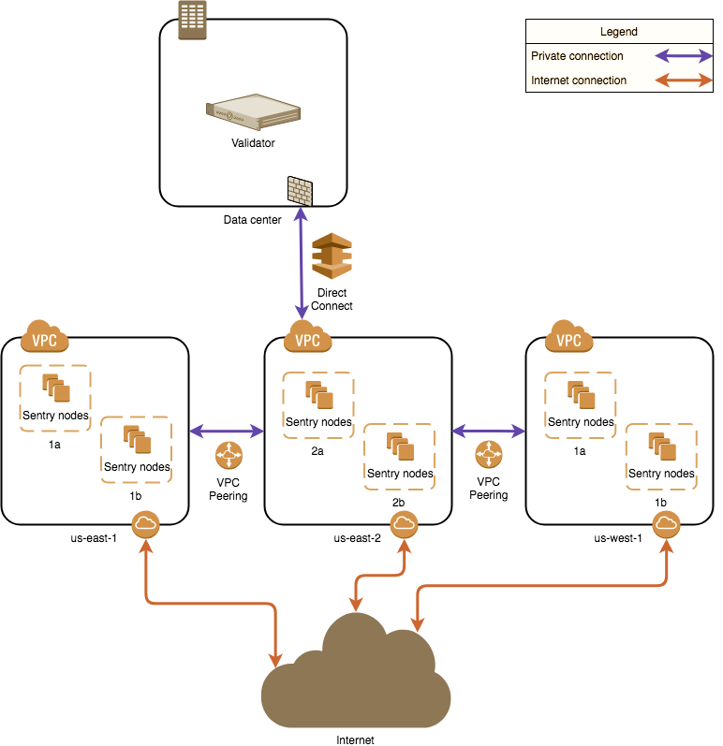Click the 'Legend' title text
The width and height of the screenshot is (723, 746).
tap(618, 32)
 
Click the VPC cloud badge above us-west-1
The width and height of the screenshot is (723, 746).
tap(568, 335)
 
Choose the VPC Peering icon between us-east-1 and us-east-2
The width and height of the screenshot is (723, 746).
tap(228, 457)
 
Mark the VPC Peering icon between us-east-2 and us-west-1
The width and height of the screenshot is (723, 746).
tap(488, 455)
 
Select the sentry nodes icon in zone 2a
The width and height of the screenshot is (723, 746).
tap(317, 395)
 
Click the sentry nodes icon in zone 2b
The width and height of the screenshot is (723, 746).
tap(400, 446)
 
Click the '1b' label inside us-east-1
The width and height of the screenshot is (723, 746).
tap(136, 493)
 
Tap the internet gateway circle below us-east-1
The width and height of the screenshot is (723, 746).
tap(145, 525)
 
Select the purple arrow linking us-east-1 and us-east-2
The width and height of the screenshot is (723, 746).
tap(228, 432)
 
